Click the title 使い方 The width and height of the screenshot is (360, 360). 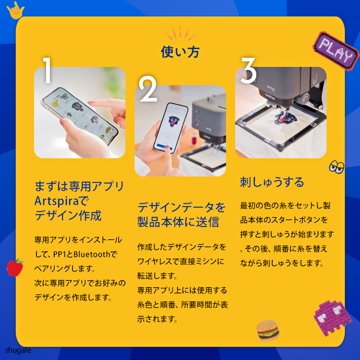[x=180, y=52]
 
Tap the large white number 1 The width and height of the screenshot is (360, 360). [x=47, y=70]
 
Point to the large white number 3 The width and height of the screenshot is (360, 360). [x=248, y=70]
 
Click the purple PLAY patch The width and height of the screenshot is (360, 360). [x=336, y=51]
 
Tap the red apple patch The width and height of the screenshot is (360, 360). [x=15, y=268]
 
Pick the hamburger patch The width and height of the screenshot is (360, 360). [x=268, y=330]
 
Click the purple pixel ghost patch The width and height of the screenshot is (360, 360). [x=332, y=318]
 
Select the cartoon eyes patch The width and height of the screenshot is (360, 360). [x=336, y=166]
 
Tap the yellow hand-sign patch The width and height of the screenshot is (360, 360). [x=15, y=11]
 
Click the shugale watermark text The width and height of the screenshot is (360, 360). [x=18, y=350]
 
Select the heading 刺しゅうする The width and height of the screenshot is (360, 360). [x=272, y=182]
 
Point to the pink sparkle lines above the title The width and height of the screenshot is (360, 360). [x=180, y=34]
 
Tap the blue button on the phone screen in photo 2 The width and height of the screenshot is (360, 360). [x=164, y=146]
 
